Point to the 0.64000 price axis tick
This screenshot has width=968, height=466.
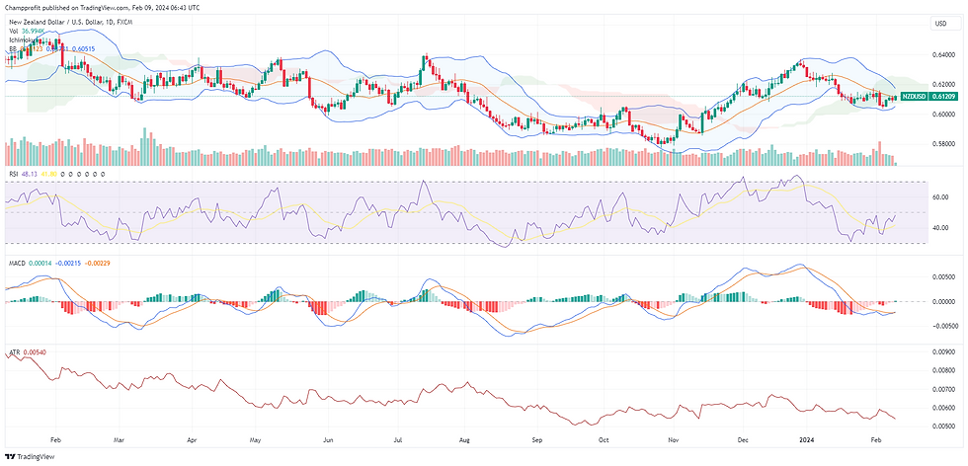[x=942, y=53]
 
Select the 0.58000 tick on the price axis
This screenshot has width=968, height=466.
[x=942, y=143]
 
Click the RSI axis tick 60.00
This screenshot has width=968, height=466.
[x=939, y=196]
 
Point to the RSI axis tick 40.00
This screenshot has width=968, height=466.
[x=939, y=228]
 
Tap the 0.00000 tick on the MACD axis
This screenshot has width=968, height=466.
[x=942, y=302]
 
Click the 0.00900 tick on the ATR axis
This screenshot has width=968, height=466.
[x=942, y=349]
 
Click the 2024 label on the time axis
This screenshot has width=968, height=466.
[x=807, y=437]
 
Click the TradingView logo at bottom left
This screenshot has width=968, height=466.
[x=31, y=456]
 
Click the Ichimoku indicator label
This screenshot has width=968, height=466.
[x=24, y=39]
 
